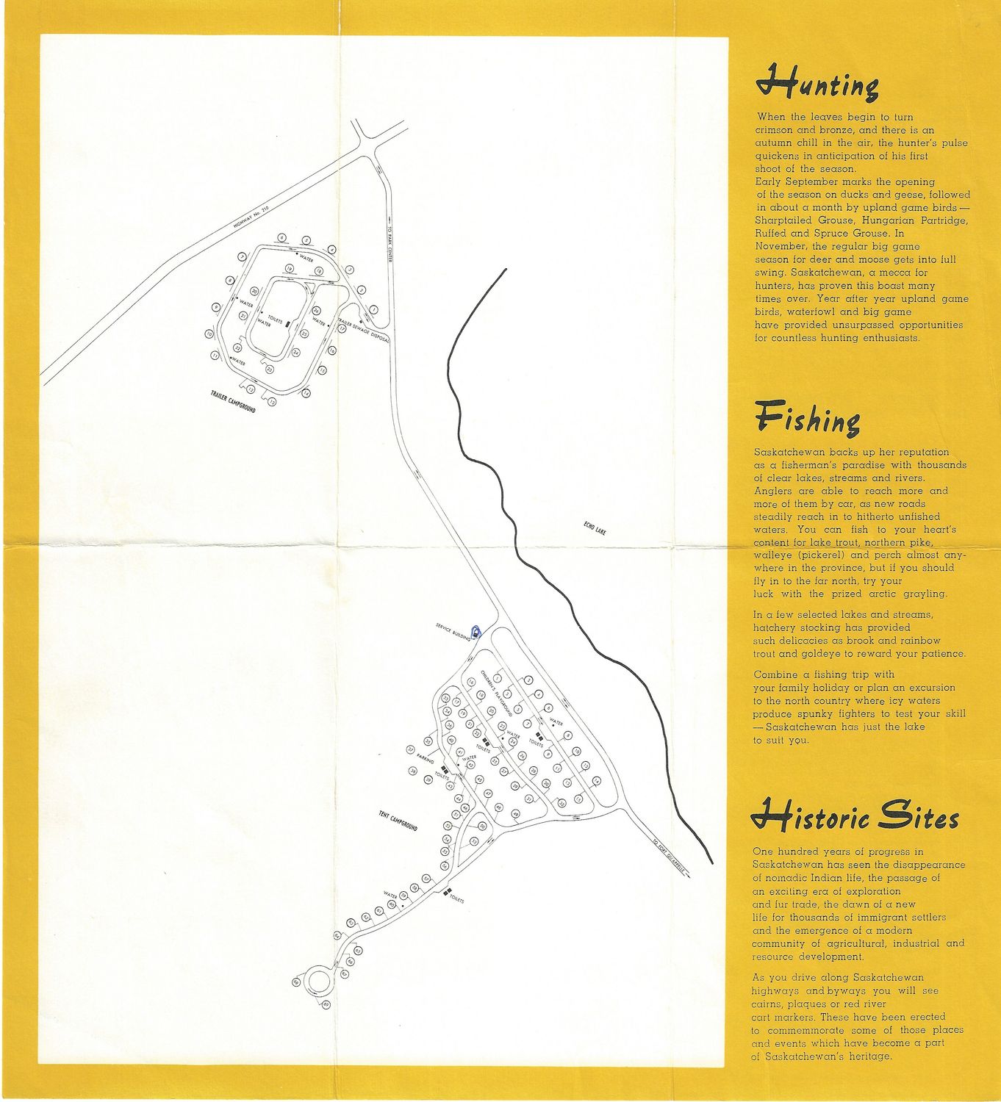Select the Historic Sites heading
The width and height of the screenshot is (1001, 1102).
pos(855,818)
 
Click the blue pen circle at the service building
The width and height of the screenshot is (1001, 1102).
pos(476,631)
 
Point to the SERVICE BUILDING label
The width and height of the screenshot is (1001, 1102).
pos(452,633)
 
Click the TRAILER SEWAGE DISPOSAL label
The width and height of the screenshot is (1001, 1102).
pos(363,329)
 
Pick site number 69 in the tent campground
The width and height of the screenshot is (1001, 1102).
pos(326,1005)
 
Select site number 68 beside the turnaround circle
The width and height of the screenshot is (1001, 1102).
pos(297,982)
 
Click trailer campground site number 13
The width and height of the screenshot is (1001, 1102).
pos(271,402)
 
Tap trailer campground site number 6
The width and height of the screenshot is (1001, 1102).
pos(282,237)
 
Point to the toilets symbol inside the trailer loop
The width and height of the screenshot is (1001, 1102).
pos(288,323)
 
